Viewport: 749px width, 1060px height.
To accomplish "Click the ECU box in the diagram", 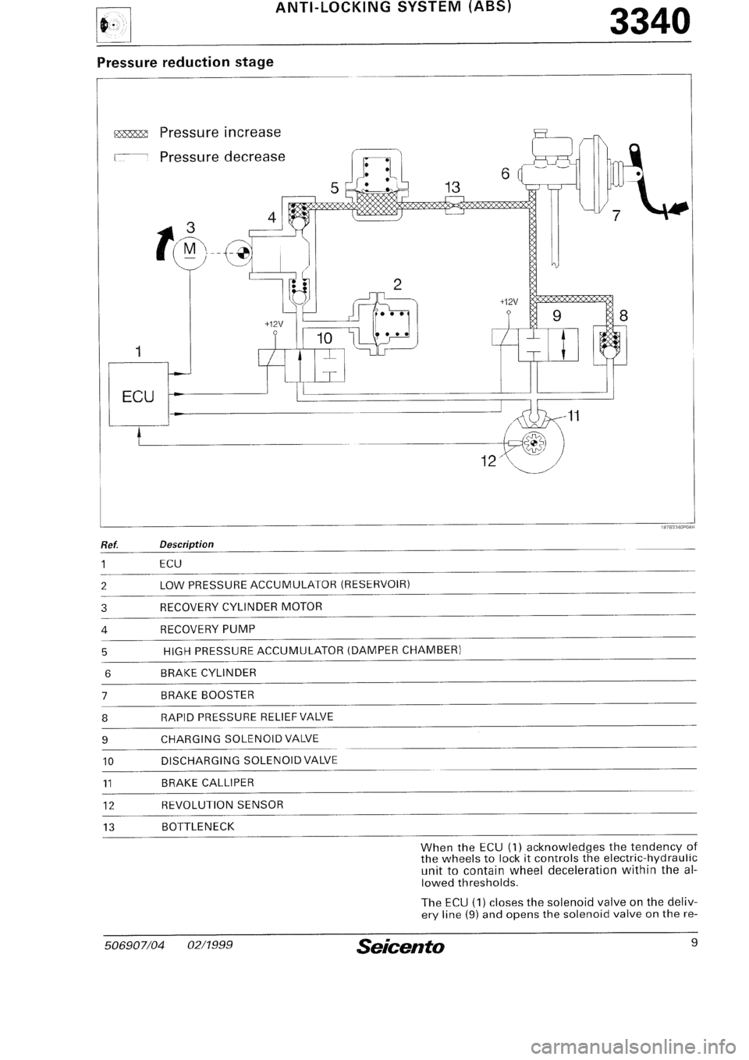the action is click(x=139, y=394).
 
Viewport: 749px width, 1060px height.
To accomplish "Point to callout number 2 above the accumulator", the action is click(x=397, y=284).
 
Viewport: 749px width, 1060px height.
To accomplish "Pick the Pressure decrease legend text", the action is click(x=222, y=157).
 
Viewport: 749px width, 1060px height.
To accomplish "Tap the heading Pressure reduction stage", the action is click(x=185, y=62).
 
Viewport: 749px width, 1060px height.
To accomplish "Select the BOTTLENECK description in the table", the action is click(x=197, y=827).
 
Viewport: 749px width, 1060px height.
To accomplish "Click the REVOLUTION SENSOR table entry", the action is click(x=222, y=805).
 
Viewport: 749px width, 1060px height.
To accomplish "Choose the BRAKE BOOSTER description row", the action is click(x=208, y=695).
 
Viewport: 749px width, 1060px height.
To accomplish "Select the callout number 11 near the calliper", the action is click(x=573, y=417).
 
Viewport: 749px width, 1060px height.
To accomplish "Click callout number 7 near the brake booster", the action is click(x=615, y=216).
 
